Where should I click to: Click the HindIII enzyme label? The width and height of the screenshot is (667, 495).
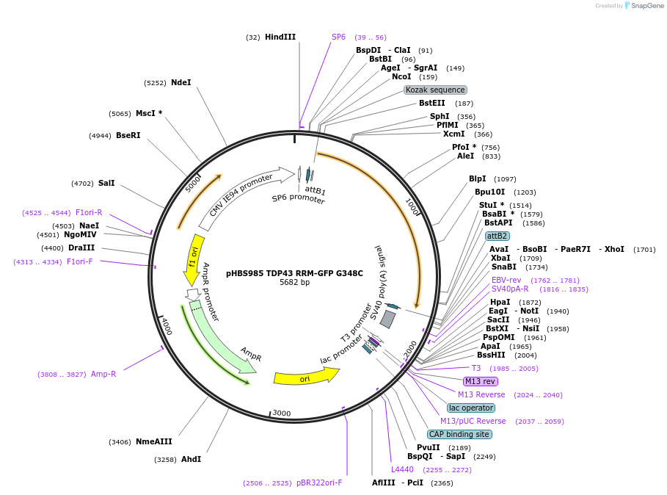coord(280,37)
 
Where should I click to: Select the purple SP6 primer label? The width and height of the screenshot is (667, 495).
coord(338,37)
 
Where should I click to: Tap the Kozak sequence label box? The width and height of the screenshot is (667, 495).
coord(435,90)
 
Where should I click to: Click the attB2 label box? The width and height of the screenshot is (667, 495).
coord(497,236)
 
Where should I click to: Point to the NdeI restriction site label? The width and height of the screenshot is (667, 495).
coord(181,83)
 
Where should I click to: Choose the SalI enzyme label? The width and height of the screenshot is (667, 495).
coord(106,183)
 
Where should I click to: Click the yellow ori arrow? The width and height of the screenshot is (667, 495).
coord(305,377)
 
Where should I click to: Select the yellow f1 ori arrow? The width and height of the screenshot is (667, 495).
coord(194,259)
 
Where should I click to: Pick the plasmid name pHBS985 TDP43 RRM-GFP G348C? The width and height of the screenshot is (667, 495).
coord(294,273)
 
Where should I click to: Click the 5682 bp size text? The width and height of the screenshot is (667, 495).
coord(294,282)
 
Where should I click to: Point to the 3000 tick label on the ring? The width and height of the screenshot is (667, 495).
coord(282,413)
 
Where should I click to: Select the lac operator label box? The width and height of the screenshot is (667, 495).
coord(471,408)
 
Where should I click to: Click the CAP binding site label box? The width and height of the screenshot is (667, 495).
coord(459,434)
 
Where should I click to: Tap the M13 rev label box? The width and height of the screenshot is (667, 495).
coord(480,381)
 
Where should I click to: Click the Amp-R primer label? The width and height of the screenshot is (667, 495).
coord(103,374)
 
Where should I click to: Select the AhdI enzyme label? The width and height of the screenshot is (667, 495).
coord(191,459)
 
